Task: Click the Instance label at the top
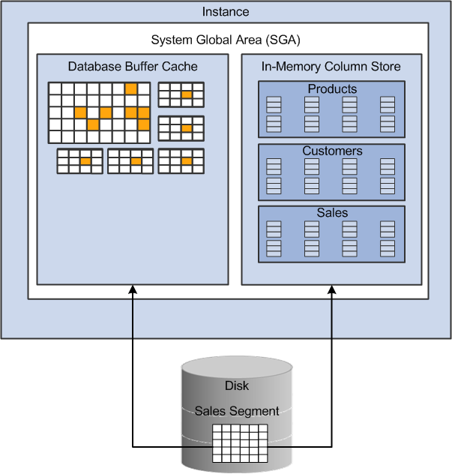coord(226,12)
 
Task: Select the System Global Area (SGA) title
coord(226,40)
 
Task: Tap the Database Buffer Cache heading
coord(133,66)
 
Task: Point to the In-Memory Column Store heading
coord(331,66)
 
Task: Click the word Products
coord(332,89)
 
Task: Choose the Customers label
coord(332,151)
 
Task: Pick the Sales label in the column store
coord(332,214)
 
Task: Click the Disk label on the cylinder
coord(237,386)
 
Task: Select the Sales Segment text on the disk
coord(237,411)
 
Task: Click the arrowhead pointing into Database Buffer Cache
coord(132,289)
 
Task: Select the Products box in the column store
coord(331,109)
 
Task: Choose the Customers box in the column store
coord(331,171)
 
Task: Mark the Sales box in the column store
coord(331,233)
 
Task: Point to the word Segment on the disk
coord(256,411)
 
